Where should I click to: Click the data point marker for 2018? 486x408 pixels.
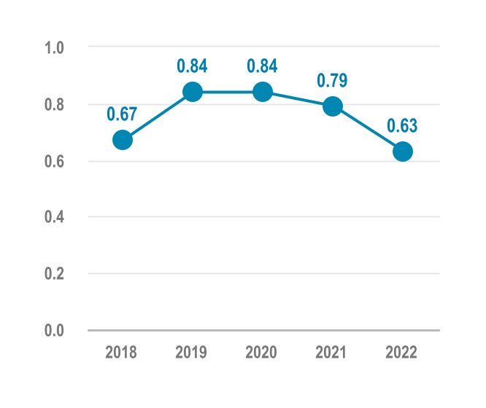click(123, 140)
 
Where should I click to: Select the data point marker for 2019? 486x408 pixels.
click(193, 92)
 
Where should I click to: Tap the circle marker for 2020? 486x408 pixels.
click(263, 92)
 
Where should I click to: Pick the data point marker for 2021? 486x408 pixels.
click(333, 106)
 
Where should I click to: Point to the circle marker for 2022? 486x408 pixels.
click(403, 152)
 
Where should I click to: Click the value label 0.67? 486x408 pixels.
click(123, 114)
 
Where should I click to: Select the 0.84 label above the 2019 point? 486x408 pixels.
click(193, 66)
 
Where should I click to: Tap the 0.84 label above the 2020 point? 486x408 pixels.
click(263, 66)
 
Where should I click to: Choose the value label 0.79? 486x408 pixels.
click(333, 80)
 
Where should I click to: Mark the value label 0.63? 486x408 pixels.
click(403, 125)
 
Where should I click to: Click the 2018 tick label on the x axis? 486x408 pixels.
click(121, 353)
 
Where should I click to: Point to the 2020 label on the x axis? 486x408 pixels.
click(261, 353)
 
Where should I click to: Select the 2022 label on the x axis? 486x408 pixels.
click(401, 353)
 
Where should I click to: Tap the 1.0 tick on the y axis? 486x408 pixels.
click(55, 48)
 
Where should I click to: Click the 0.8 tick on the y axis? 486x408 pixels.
click(55, 105)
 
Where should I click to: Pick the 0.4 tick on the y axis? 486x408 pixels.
click(55, 218)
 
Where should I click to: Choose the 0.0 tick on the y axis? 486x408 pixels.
click(55, 331)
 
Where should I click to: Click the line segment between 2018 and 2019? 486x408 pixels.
click(158, 116)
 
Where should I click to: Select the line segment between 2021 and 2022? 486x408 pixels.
click(368, 129)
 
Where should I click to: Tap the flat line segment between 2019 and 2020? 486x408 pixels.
click(228, 92)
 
